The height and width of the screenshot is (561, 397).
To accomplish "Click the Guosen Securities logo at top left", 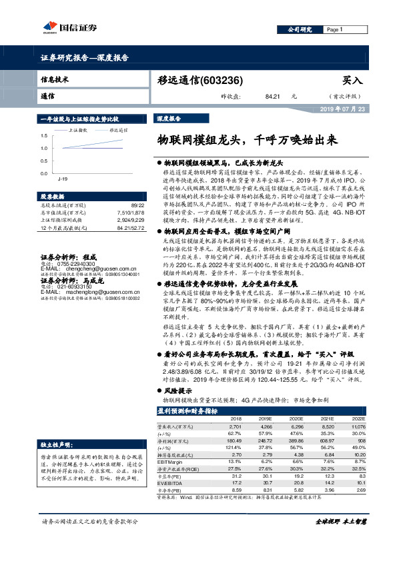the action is (x=67, y=27).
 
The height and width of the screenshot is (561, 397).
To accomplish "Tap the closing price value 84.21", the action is (x=272, y=97).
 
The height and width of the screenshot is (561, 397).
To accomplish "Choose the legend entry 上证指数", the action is (x=78, y=131).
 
